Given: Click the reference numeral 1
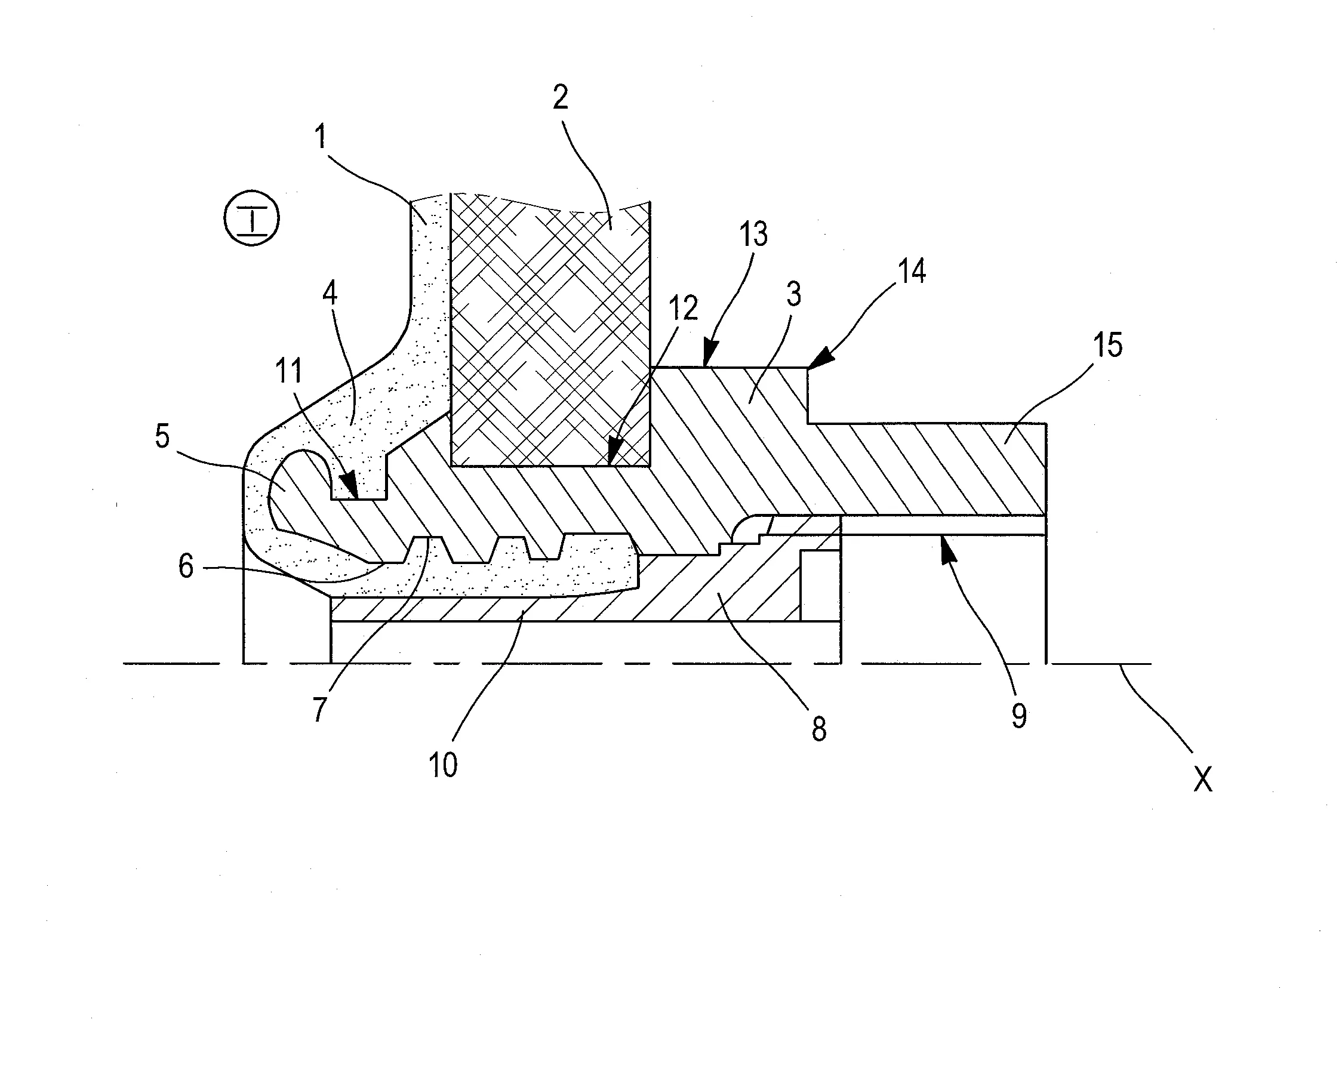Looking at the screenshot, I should (x=321, y=137).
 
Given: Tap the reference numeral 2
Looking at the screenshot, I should (x=560, y=98).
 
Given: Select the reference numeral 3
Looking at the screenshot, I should (x=793, y=294).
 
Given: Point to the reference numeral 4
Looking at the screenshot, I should (x=330, y=292).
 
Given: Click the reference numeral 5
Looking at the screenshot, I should (x=162, y=437).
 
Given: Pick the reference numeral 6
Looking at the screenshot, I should (x=186, y=567).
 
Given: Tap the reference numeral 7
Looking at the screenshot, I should (x=319, y=708).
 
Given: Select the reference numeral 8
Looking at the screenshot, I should (x=819, y=729).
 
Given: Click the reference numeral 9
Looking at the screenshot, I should (x=1019, y=716).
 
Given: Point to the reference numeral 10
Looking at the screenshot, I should (x=443, y=765).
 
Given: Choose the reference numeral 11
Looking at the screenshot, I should (x=289, y=371).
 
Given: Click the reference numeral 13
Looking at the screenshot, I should (x=754, y=235).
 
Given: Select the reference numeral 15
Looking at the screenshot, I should (x=1108, y=346).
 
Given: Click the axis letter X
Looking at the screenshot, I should (x=1202, y=779).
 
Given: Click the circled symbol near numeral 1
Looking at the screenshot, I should (x=251, y=218).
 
